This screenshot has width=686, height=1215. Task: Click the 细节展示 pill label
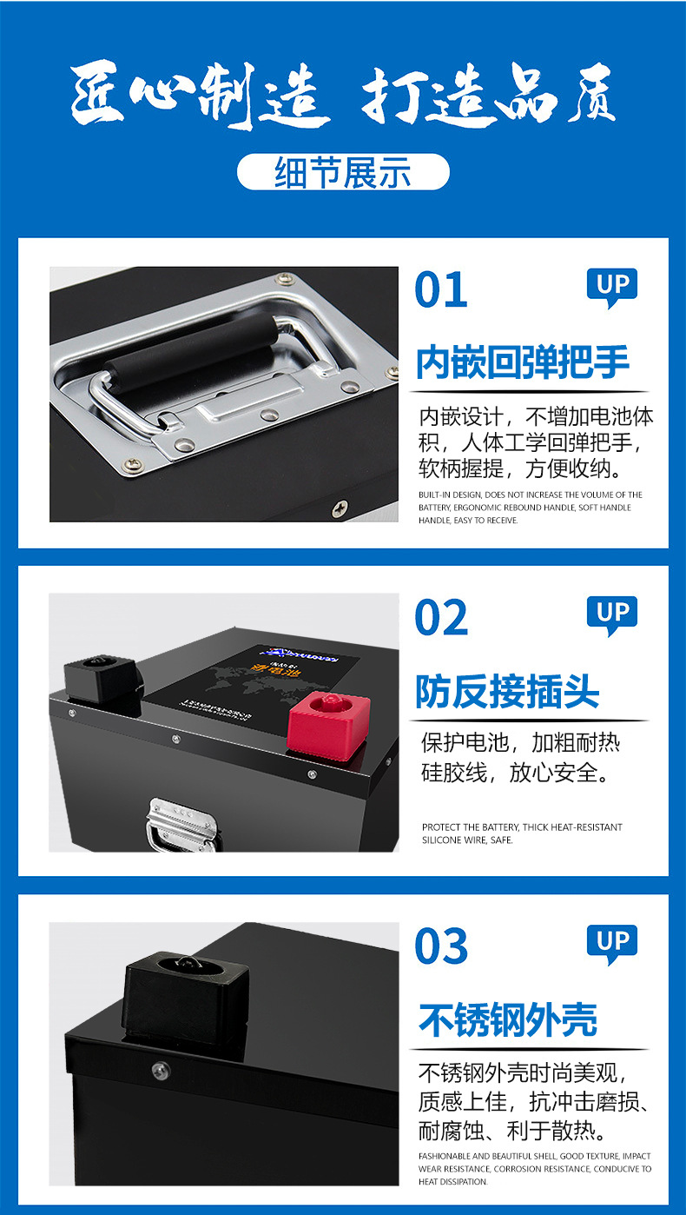point(343,172)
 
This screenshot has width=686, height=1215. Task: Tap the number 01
point(441,290)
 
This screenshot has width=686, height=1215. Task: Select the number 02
point(441,618)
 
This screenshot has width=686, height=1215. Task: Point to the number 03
point(441,946)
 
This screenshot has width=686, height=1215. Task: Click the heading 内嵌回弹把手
point(523,362)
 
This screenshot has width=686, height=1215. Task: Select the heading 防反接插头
point(507,692)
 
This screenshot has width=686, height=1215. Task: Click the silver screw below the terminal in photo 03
point(160,1070)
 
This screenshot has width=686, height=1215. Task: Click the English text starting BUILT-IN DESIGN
point(530,507)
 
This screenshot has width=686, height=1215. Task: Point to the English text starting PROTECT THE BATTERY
point(522,833)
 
